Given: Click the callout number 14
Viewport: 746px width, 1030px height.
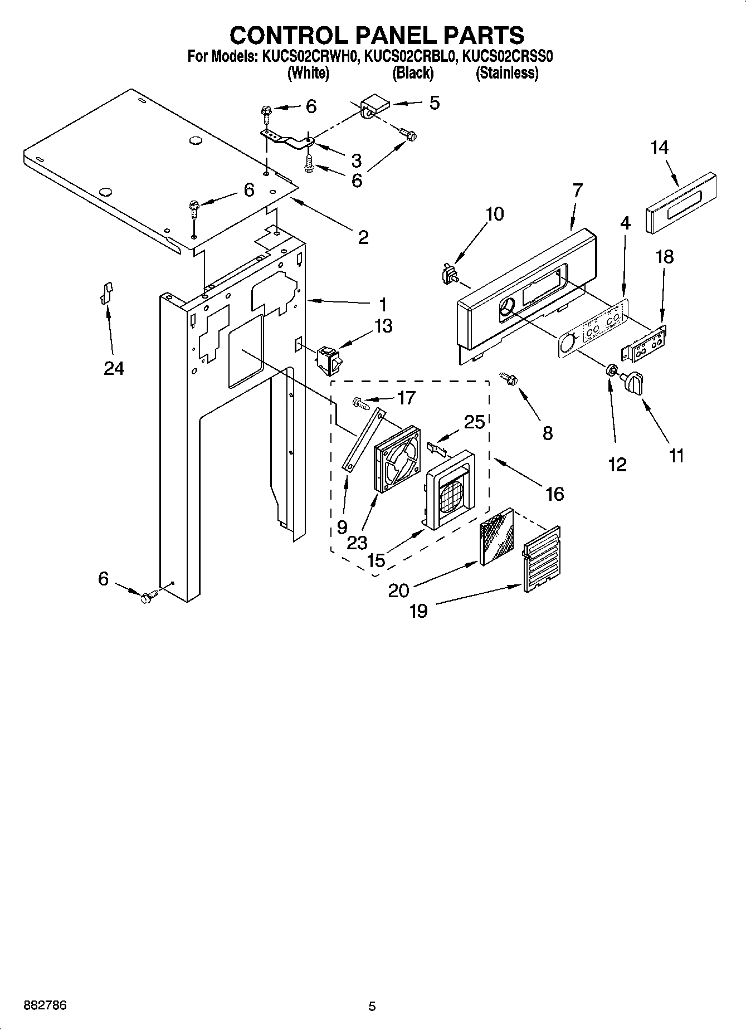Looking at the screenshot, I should (x=659, y=148).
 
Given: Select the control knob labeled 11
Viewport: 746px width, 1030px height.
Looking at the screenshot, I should (x=635, y=384).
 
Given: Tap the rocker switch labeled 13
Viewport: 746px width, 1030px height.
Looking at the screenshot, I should (x=330, y=359).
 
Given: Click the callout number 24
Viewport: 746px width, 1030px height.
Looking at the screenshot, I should (x=114, y=368).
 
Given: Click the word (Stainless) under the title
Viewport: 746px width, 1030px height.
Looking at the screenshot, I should (x=506, y=73).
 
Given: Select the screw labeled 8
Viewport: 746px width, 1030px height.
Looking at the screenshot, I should (x=509, y=379).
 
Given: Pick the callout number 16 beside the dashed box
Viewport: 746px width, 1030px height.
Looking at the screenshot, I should (x=555, y=494).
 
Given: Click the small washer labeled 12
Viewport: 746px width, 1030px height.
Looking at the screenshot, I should (x=611, y=370).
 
